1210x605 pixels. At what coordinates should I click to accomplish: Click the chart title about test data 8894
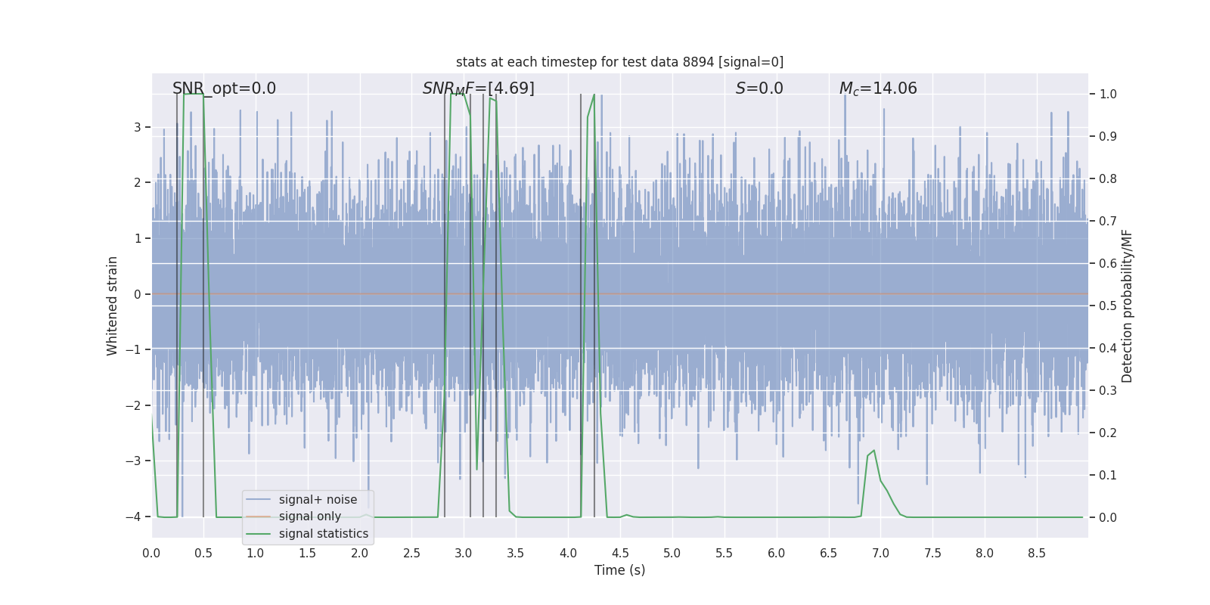(619, 62)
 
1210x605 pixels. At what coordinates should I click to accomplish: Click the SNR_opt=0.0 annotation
(224, 88)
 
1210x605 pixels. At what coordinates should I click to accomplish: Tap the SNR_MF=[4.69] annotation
(478, 88)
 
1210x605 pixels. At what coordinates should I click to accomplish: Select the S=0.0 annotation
(759, 88)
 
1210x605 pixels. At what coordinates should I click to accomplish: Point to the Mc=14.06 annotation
(878, 88)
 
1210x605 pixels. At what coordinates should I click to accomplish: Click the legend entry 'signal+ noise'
(318, 500)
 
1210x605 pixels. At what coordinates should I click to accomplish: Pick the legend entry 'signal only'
(309, 517)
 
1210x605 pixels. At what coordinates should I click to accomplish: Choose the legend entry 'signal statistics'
(323, 534)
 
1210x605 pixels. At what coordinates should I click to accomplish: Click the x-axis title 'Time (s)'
(619, 570)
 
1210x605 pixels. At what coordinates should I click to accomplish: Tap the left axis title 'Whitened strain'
(113, 306)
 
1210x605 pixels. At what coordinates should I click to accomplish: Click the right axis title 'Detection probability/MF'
(1127, 306)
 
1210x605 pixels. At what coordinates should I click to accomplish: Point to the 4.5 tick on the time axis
(620, 553)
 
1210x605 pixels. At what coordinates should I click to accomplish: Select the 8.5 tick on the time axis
(1037, 553)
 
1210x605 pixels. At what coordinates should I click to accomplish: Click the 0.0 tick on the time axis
(151, 553)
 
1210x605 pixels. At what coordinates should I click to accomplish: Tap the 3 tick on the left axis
(138, 127)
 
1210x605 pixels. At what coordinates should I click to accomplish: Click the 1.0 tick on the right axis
(1108, 95)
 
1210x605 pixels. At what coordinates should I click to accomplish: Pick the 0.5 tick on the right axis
(1108, 306)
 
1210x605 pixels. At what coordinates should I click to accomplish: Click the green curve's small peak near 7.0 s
(874, 451)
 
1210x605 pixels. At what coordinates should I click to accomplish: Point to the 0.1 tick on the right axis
(1108, 476)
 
